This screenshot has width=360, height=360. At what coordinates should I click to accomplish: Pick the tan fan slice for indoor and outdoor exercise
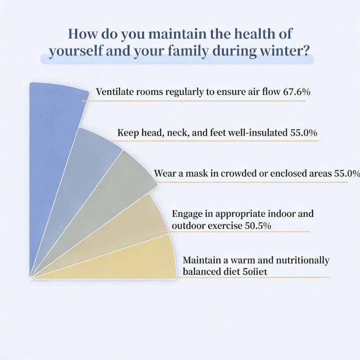point(135,225)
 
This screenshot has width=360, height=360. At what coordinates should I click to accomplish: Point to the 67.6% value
point(297,92)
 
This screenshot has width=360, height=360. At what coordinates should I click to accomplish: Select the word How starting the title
point(84,35)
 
